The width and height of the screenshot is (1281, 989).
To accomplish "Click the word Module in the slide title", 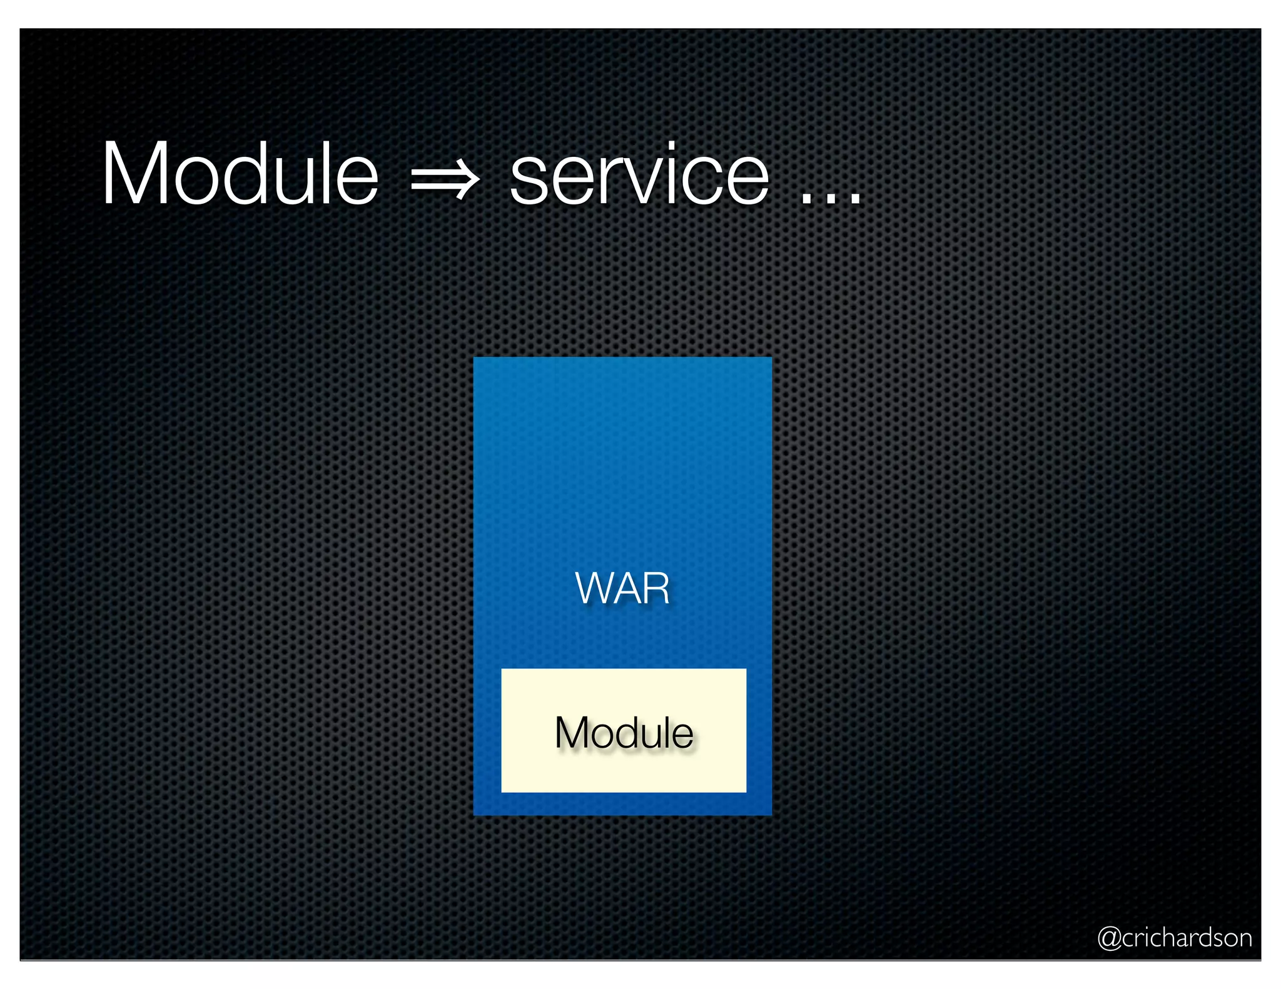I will click(x=240, y=174).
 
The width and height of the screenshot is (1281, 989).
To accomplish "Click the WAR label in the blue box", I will click(x=622, y=588).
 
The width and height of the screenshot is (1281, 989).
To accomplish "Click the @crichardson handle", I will click(x=1174, y=938).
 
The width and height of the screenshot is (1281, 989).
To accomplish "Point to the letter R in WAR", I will click(x=656, y=588).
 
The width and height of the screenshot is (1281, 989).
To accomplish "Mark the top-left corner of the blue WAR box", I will click(x=475, y=358).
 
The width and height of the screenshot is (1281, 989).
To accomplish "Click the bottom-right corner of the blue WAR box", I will click(x=771, y=814).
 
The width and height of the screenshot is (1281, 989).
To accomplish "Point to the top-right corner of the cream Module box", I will click(x=745, y=670).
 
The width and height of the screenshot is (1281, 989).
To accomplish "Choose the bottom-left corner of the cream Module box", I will click(x=502, y=791).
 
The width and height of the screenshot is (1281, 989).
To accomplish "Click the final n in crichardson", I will click(x=1245, y=940).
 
